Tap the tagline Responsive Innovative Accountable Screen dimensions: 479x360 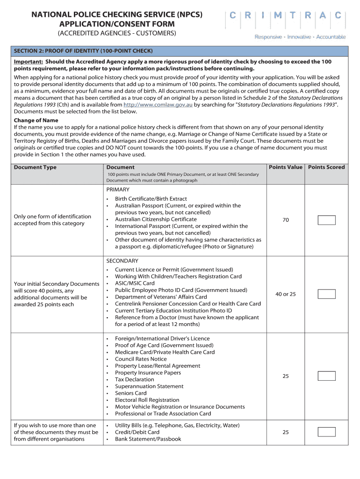(x=300, y=37)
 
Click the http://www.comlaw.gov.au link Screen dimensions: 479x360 (x=158, y=105)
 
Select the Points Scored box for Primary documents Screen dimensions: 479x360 (x=326, y=220)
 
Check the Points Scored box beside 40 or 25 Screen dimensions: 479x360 (x=326, y=294)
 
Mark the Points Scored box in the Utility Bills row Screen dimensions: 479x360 (x=326, y=432)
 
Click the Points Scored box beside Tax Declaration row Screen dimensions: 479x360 (x=326, y=376)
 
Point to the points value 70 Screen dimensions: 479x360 (x=285, y=220)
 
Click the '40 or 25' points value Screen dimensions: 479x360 (x=285, y=294)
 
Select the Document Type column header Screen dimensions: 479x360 (x=35, y=167)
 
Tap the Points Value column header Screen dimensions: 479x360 (x=285, y=167)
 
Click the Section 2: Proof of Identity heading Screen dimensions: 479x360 (x=83, y=51)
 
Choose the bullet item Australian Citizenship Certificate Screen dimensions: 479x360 (x=156, y=219)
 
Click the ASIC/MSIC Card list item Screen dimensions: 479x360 (x=135, y=283)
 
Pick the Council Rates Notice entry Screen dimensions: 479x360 (x=141, y=359)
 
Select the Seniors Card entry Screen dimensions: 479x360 (x=130, y=393)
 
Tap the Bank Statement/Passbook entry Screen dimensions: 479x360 (x=148, y=439)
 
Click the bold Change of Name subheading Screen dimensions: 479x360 (x=36, y=120)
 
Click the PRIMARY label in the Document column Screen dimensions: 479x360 (x=118, y=189)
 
